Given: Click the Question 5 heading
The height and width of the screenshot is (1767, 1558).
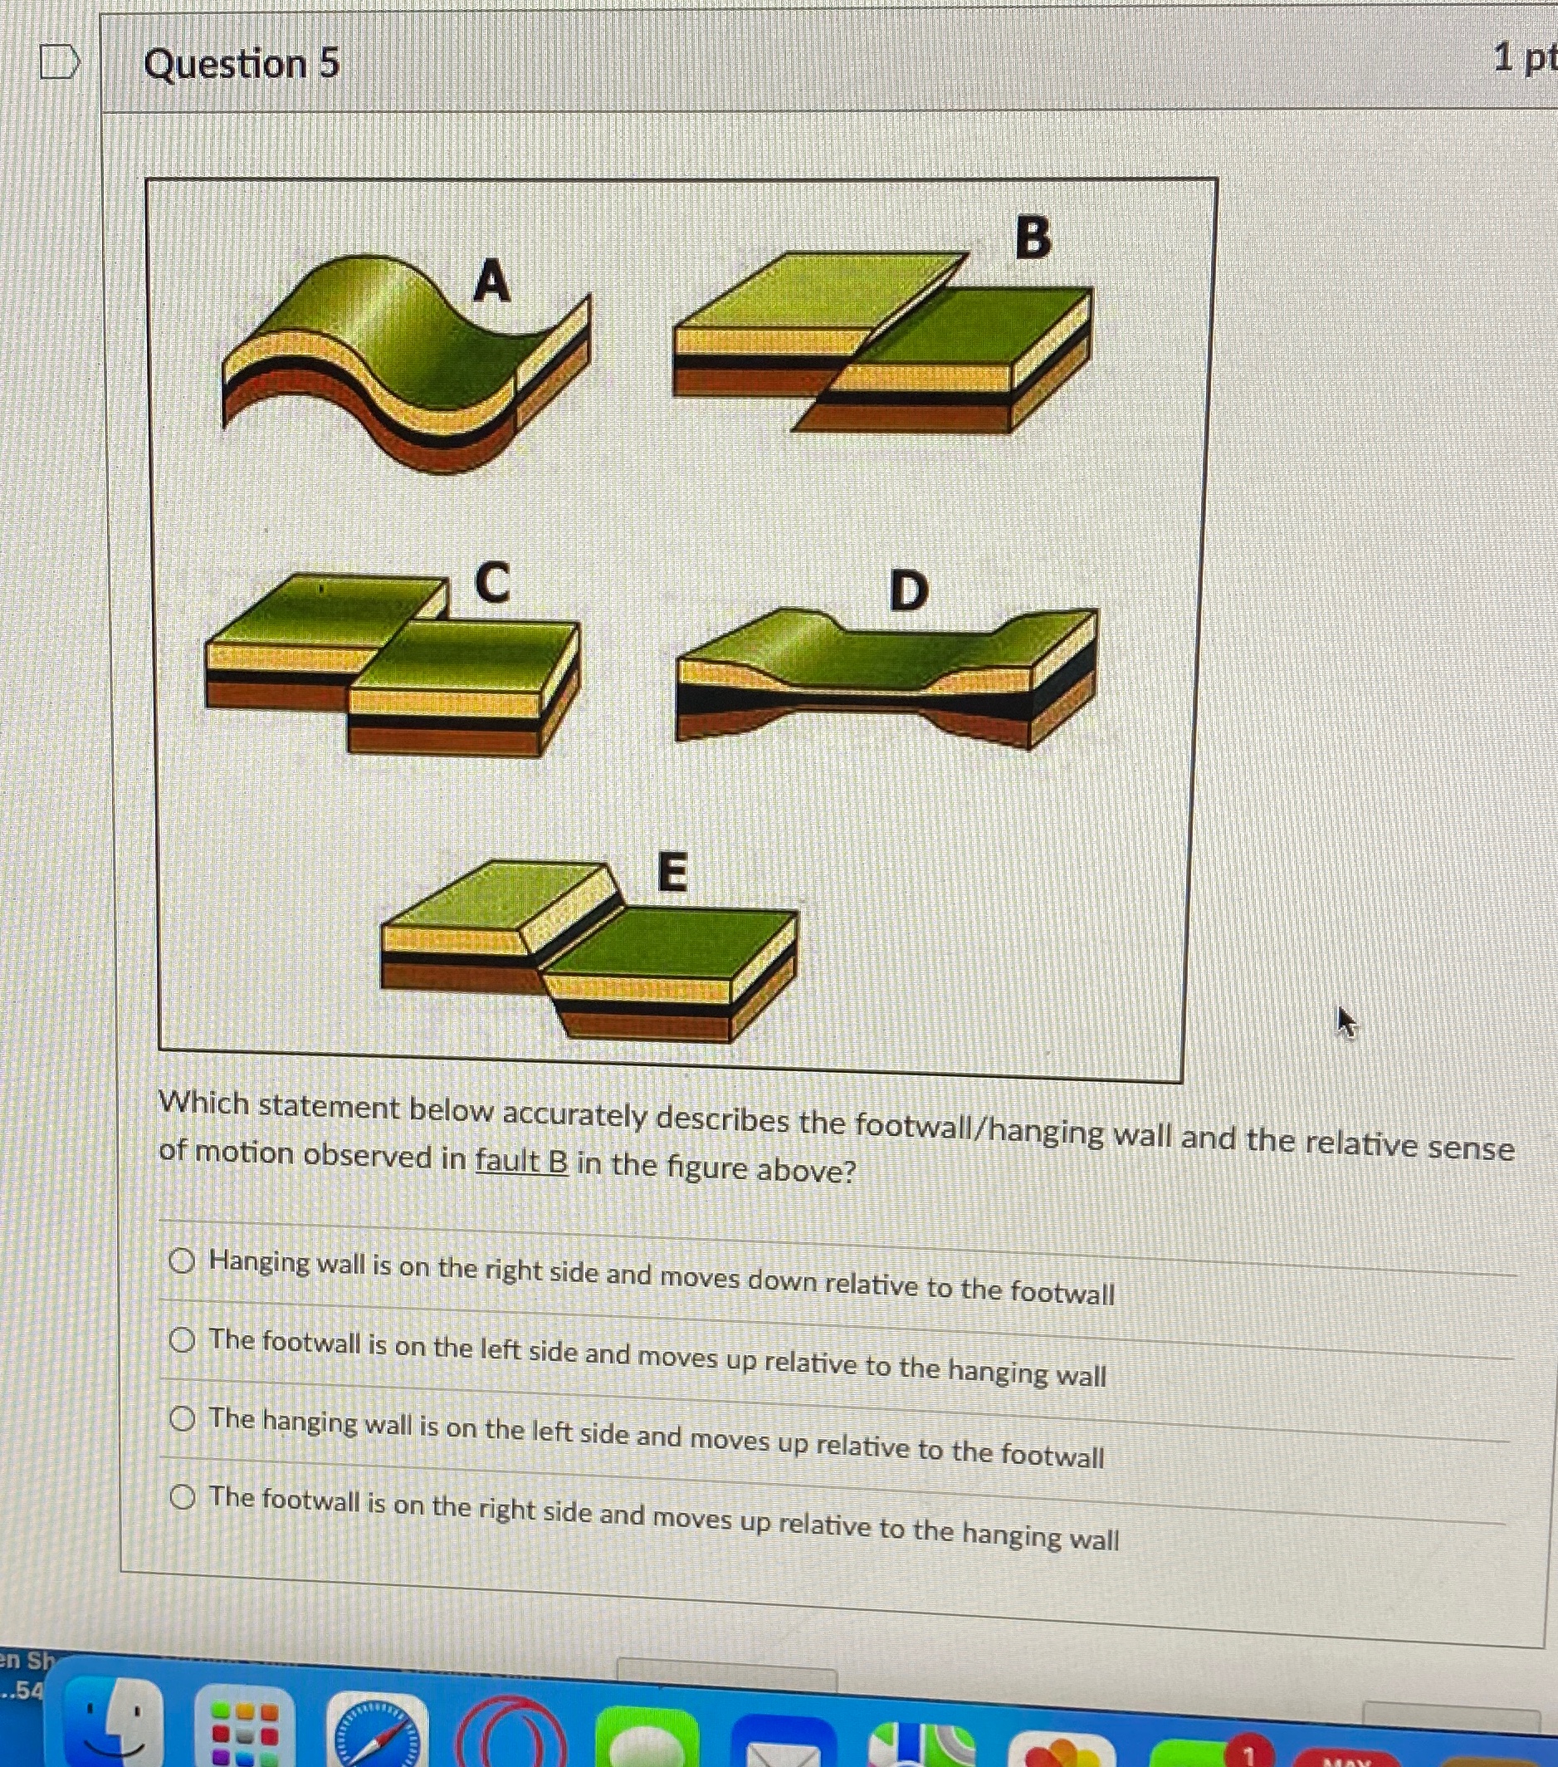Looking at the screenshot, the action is [x=241, y=63].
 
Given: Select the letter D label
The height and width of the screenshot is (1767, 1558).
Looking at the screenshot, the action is [x=909, y=590].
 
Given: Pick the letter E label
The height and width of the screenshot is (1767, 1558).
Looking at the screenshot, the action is [x=672, y=870].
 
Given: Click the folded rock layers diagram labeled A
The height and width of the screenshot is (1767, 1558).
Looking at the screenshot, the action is [x=407, y=363].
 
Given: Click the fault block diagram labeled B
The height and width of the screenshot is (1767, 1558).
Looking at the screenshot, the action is [x=882, y=341].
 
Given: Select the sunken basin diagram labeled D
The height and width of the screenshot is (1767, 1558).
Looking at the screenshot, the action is [x=886, y=678].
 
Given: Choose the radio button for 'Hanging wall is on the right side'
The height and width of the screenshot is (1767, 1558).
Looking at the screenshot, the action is [x=182, y=1261].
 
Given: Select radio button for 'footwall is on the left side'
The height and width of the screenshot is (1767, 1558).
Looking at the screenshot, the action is [x=182, y=1340].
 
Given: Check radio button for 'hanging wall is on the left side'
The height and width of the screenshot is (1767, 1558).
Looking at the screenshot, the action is [x=182, y=1418].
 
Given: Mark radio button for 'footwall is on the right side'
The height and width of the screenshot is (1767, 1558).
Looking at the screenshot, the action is [x=182, y=1496].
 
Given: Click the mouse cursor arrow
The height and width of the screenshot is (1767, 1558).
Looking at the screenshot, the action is [x=1346, y=1022].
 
